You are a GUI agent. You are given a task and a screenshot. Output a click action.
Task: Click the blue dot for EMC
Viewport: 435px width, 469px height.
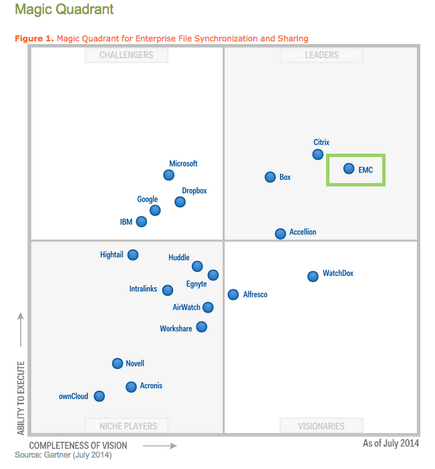click(x=348, y=168)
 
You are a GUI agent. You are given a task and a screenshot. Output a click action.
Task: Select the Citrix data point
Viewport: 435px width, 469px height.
click(x=318, y=154)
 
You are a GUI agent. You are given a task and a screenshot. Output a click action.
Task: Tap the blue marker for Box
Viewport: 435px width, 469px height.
click(x=270, y=177)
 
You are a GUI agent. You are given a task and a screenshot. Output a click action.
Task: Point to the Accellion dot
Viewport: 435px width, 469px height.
click(x=281, y=233)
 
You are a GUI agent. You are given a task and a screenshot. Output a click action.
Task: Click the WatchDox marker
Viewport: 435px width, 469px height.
click(x=313, y=276)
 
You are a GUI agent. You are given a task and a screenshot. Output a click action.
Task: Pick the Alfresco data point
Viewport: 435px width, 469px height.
click(x=233, y=294)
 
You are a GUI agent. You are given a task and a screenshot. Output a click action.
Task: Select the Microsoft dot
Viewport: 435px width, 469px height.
click(x=169, y=175)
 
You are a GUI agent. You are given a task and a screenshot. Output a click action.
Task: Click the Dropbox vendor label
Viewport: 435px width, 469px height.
click(x=194, y=191)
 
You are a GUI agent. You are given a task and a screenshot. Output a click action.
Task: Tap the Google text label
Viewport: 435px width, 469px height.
click(x=147, y=199)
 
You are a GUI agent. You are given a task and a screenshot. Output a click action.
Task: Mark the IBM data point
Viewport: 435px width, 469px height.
click(x=142, y=221)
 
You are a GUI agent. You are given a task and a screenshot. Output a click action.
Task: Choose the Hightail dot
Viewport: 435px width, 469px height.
click(x=133, y=255)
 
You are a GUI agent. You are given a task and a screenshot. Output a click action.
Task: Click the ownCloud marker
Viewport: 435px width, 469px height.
click(x=100, y=396)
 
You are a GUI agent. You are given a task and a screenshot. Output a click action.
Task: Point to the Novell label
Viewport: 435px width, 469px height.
click(x=135, y=363)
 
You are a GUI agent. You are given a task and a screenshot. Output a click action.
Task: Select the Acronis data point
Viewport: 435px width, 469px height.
click(x=131, y=386)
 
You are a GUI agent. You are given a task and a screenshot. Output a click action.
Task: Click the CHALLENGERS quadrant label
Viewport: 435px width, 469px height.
click(x=126, y=55)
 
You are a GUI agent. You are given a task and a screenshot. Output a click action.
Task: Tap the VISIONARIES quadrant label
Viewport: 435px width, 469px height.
click(x=321, y=426)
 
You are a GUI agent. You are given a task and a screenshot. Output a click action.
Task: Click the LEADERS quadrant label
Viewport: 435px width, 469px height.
click(x=321, y=55)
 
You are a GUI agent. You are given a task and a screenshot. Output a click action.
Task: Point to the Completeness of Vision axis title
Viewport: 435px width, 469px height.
click(x=78, y=445)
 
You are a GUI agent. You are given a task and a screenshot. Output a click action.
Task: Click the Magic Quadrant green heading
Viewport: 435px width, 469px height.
click(x=64, y=9)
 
